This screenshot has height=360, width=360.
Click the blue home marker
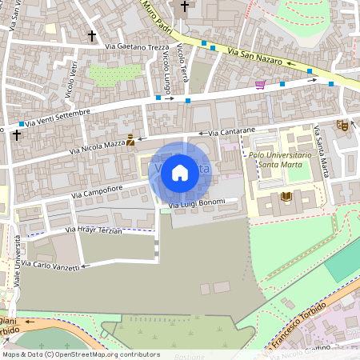coord(180,172)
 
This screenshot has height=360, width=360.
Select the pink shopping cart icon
coord(260,85)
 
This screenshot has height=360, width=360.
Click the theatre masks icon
coord(342,125)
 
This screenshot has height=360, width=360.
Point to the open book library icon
coord(287,196)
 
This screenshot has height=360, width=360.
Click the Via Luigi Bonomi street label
coord(198,206)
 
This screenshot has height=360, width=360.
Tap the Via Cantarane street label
coord(232,130)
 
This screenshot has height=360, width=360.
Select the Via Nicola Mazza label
coord(97,146)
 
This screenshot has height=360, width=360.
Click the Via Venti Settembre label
coord(58,118)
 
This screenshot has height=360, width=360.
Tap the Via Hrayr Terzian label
coord(93,230)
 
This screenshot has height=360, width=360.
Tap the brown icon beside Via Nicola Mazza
coord(130,139)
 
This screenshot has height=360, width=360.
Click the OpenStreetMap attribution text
coord(81,354)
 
